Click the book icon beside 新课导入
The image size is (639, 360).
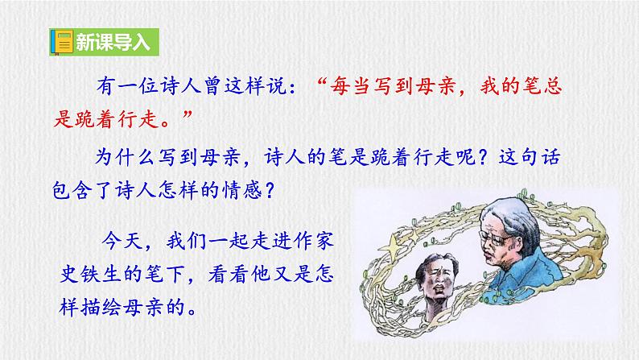coord(61,42)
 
